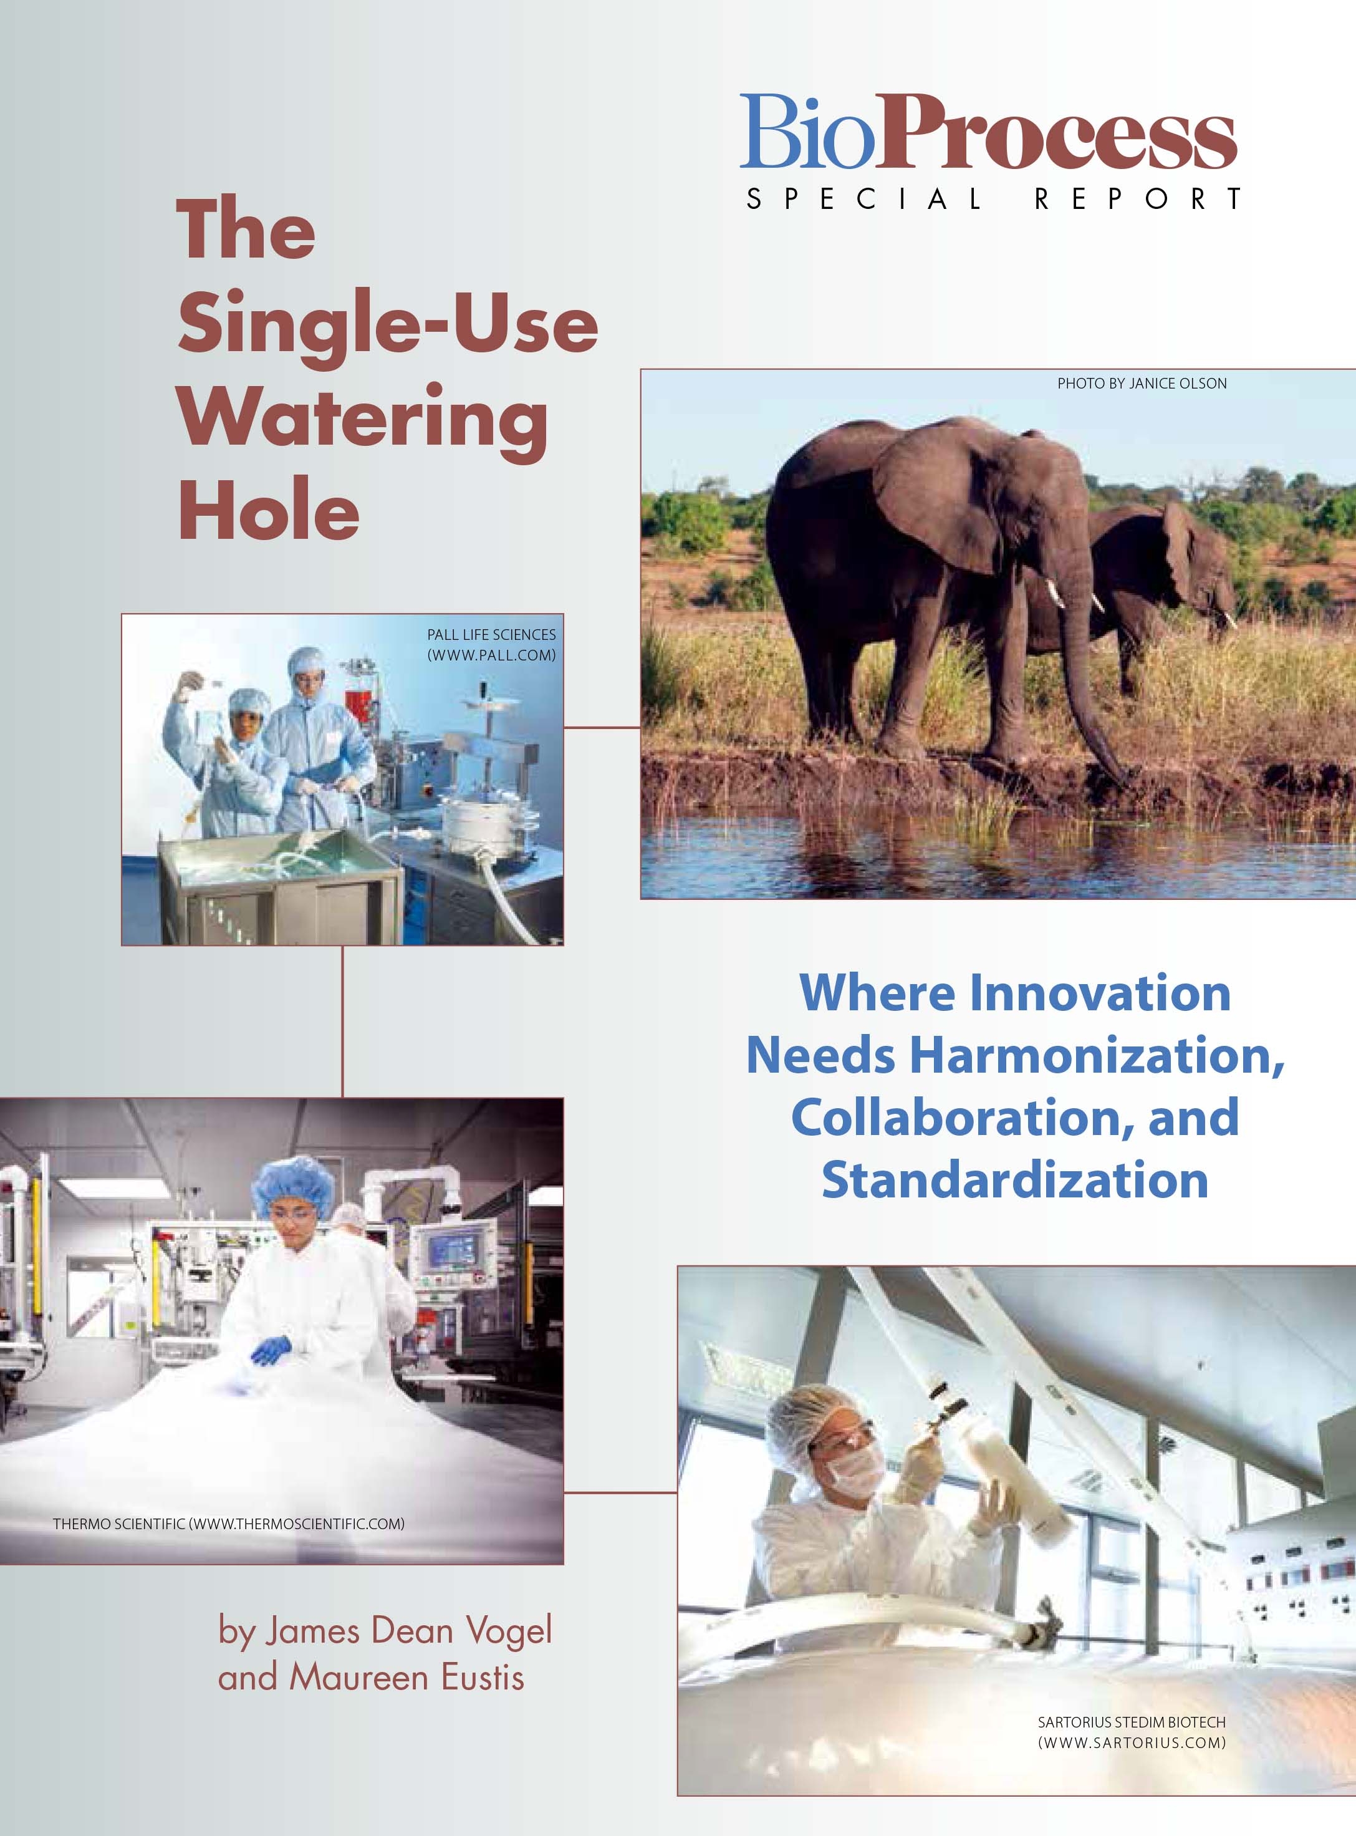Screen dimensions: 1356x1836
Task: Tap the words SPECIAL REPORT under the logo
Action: (993, 200)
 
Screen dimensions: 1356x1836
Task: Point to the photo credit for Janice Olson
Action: (1142, 384)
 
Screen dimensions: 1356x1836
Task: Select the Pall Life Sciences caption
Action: (491, 645)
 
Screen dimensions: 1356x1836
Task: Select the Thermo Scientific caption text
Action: (229, 1524)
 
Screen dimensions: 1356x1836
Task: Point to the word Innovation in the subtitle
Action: (1100, 993)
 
